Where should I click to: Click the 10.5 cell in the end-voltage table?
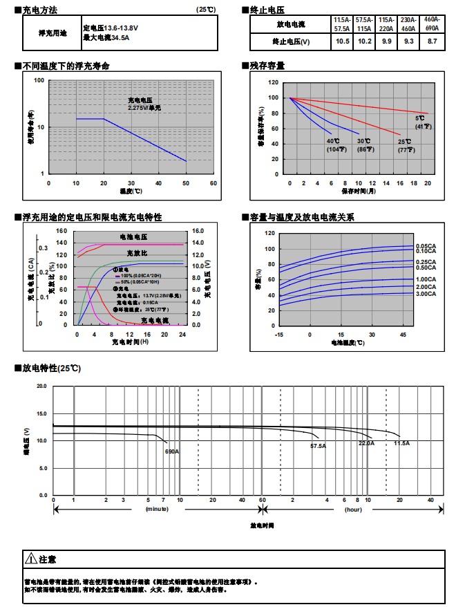click(x=341, y=41)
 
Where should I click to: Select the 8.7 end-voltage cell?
click(x=433, y=41)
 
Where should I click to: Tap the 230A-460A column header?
click(x=408, y=24)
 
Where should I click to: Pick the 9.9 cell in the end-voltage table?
click(x=386, y=41)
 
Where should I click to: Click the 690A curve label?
click(x=171, y=451)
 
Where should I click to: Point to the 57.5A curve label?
click(x=318, y=447)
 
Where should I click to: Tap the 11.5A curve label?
click(x=401, y=442)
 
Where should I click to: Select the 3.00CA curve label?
click(x=426, y=294)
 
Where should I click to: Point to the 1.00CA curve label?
click(x=426, y=279)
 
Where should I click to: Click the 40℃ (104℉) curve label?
click(x=335, y=145)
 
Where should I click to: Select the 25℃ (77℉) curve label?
click(x=404, y=145)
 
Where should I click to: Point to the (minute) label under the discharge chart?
click(x=156, y=509)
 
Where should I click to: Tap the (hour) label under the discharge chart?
click(x=353, y=509)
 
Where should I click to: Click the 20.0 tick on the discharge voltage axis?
click(x=42, y=386)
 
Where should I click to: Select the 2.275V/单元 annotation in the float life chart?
click(x=144, y=108)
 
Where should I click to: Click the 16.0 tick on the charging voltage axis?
click(x=197, y=231)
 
